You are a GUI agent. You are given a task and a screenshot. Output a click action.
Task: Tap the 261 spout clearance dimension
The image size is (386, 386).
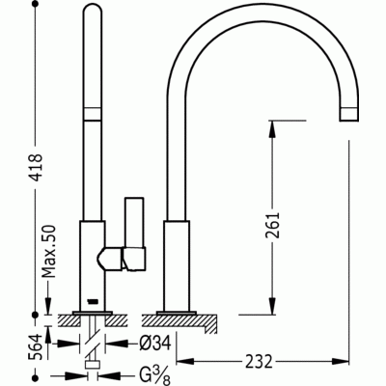point(272,225)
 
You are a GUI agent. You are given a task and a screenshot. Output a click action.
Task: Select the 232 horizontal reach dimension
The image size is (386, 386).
point(259,362)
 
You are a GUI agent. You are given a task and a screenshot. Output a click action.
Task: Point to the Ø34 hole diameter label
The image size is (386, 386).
point(155,344)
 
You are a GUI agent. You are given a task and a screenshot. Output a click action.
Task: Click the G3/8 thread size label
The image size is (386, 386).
point(154,374)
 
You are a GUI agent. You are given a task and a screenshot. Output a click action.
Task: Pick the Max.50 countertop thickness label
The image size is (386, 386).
point(49,251)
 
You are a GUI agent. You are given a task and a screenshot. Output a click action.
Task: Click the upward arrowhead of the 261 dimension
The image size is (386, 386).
point(272,129)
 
